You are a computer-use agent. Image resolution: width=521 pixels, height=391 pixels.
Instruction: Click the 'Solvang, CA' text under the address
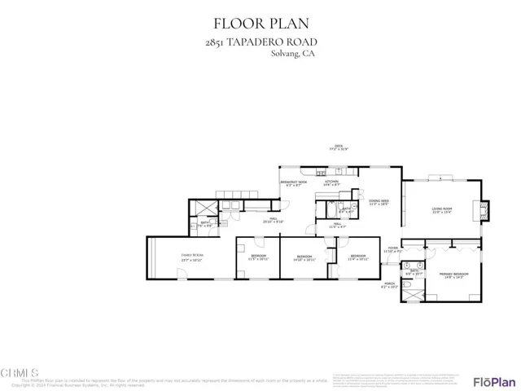click(293, 55)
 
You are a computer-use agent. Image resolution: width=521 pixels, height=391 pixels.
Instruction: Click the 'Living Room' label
click(442, 211)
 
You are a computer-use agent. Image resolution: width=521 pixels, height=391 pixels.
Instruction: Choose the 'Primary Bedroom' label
click(453, 275)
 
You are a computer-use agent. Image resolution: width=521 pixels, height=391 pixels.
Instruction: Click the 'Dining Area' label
click(379, 201)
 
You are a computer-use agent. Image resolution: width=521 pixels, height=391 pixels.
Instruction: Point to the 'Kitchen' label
click(331, 183)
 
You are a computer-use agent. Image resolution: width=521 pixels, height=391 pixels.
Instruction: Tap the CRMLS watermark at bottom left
click(20, 372)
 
